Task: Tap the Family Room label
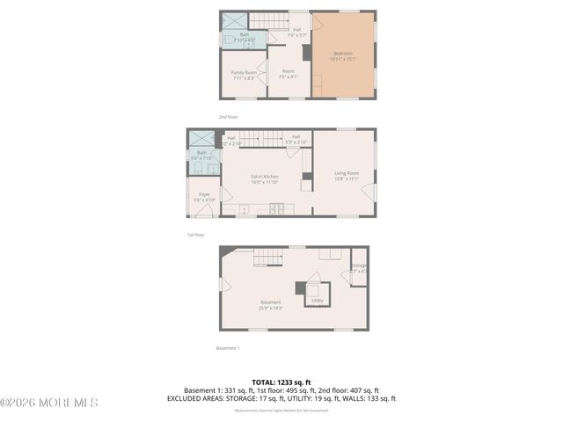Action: pos(244,75)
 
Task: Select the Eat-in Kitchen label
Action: pos(264,179)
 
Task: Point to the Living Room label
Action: pos(346,175)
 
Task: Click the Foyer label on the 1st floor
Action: pos(204,197)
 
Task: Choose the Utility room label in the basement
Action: pos(318,301)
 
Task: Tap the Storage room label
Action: pos(359,268)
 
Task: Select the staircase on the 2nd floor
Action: pos(269,20)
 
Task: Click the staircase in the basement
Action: pos(268,257)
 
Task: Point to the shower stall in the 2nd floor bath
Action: pos(233,20)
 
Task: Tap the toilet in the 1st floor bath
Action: pos(198,168)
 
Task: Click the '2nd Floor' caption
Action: pos(229,117)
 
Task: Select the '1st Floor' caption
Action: pos(195,235)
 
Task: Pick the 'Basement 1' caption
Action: pos(227,348)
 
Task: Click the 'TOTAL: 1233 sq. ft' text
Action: pos(281,382)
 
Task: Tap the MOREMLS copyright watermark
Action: pos(49,403)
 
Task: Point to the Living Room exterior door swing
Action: pos(369,192)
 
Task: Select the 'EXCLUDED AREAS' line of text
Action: pos(281,398)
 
